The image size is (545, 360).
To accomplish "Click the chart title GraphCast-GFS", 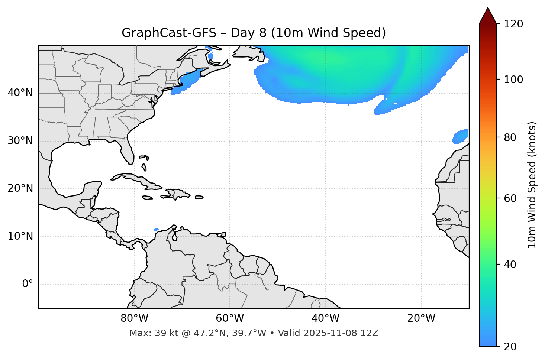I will (x=169, y=33).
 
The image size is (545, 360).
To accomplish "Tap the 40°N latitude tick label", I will (x=20, y=93).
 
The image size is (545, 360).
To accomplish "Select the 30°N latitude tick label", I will (x=20, y=141).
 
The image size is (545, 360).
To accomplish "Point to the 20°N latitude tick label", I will (x=20, y=188).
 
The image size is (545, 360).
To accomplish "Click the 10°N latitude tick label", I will (x=20, y=236).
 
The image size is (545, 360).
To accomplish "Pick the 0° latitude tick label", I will (x=28, y=284).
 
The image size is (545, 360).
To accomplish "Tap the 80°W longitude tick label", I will (x=134, y=318).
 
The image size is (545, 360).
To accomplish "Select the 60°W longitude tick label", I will (x=230, y=318).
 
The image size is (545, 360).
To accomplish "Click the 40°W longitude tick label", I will (x=325, y=318).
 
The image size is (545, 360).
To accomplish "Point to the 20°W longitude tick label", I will (x=421, y=318).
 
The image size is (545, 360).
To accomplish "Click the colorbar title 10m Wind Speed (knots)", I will (x=532, y=185).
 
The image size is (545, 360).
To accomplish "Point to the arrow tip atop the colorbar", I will (x=488, y=8).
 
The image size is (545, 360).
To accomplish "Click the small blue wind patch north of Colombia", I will (x=156, y=229).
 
